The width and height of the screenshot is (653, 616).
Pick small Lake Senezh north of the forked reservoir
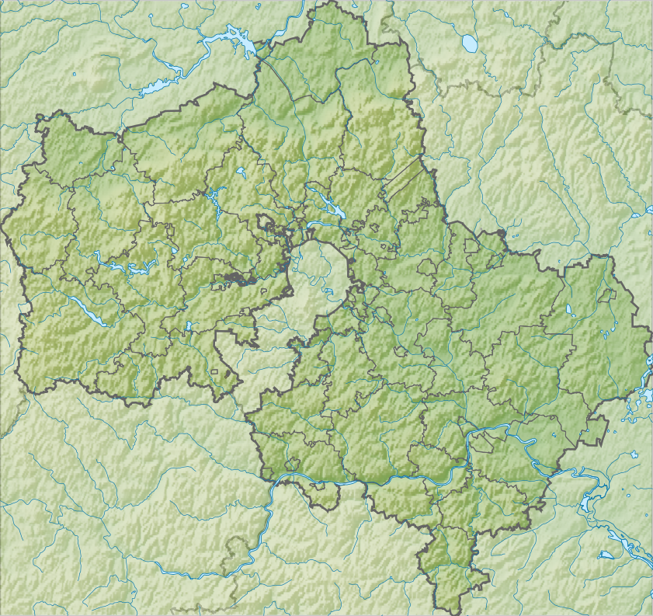241,171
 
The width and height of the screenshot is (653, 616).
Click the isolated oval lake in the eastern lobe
568,311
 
